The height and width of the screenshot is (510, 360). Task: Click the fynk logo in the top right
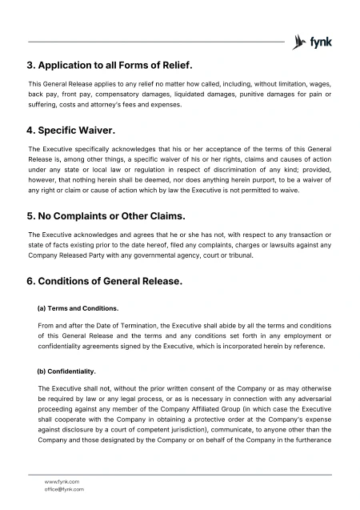[x=313, y=42]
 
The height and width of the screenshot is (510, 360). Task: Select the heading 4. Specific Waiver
[x=72, y=129]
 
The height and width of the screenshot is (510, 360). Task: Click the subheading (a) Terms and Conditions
[x=78, y=307]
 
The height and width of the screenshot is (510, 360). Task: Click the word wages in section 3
[x=319, y=83]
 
